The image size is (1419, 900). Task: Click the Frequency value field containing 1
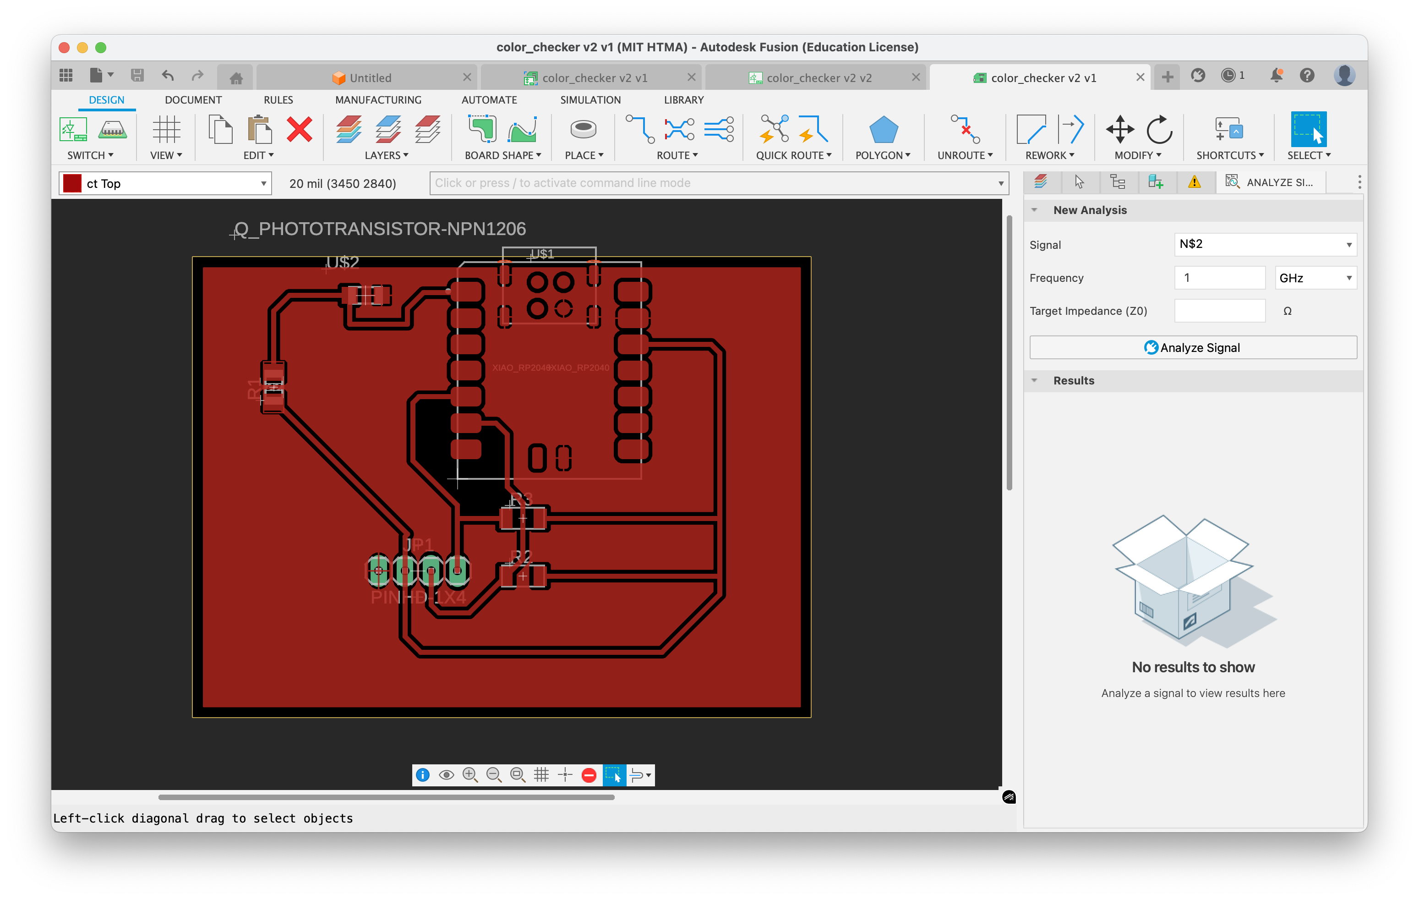pyautogui.click(x=1219, y=278)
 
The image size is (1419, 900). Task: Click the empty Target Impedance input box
pyautogui.click(x=1219, y=311)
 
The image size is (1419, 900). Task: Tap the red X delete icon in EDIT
pyautogui.click(x=300, y=129)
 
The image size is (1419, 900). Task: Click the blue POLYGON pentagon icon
pyautogui.click(x=883, y=130)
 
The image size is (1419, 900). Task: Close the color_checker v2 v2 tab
pyautogui.click(x=915, y=77)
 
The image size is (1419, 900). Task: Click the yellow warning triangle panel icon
pyautogui.click(x=1194, y=182)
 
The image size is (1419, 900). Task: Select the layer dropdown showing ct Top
pyautogui.click(x=165, y=183)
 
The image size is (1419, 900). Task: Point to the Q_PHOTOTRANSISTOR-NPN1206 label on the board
pyautogui.click(x=392, y=229)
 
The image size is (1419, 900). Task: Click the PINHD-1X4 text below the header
pyautogui.click(x=418, y=598)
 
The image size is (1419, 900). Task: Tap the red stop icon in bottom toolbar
pyautogui.click(x=588, y=775)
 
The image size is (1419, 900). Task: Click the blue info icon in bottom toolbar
pyautogui.click(x=422, y=775)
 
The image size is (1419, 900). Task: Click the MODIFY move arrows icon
pyautogui.click(x=1119, y=129)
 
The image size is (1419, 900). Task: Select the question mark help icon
pyautogui.click(x=1306, y=76)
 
